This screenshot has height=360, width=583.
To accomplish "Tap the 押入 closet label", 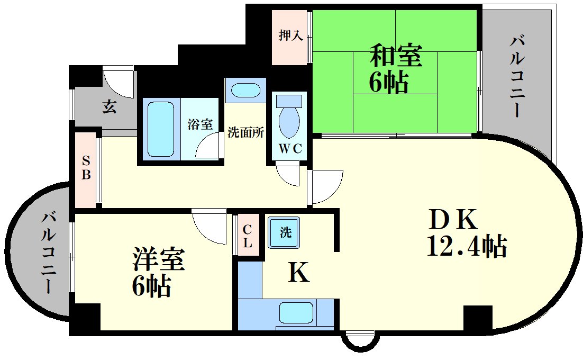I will pos(290,36).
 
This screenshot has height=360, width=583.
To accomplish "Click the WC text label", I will pos(290,149).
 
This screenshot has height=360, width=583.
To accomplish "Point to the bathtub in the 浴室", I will pos(160,129).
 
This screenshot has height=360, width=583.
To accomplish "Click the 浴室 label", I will pos(200,125).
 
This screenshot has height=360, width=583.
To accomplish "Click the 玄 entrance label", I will pos(109,107).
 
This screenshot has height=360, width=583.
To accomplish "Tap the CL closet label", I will pos(248,237).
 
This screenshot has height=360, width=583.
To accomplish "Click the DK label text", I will pos(453,220).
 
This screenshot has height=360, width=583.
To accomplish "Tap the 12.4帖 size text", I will pos(467,246).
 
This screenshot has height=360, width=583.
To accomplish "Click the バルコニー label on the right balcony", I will pos(518,77).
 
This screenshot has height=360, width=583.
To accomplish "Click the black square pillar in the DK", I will pos(478,318).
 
